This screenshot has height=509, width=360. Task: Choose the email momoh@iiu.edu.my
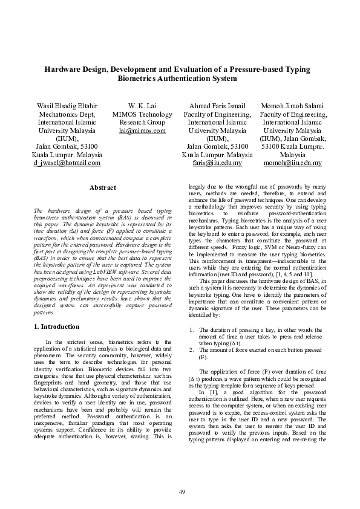(293, 163)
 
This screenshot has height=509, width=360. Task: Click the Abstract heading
(102, 188)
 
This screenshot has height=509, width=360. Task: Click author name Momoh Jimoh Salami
(293, 106)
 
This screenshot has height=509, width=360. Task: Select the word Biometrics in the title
(140, 79)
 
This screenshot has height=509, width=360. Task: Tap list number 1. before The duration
(192, 330)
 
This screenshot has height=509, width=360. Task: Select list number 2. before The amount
(192, 350)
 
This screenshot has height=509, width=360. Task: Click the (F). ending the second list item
(203, 357)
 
